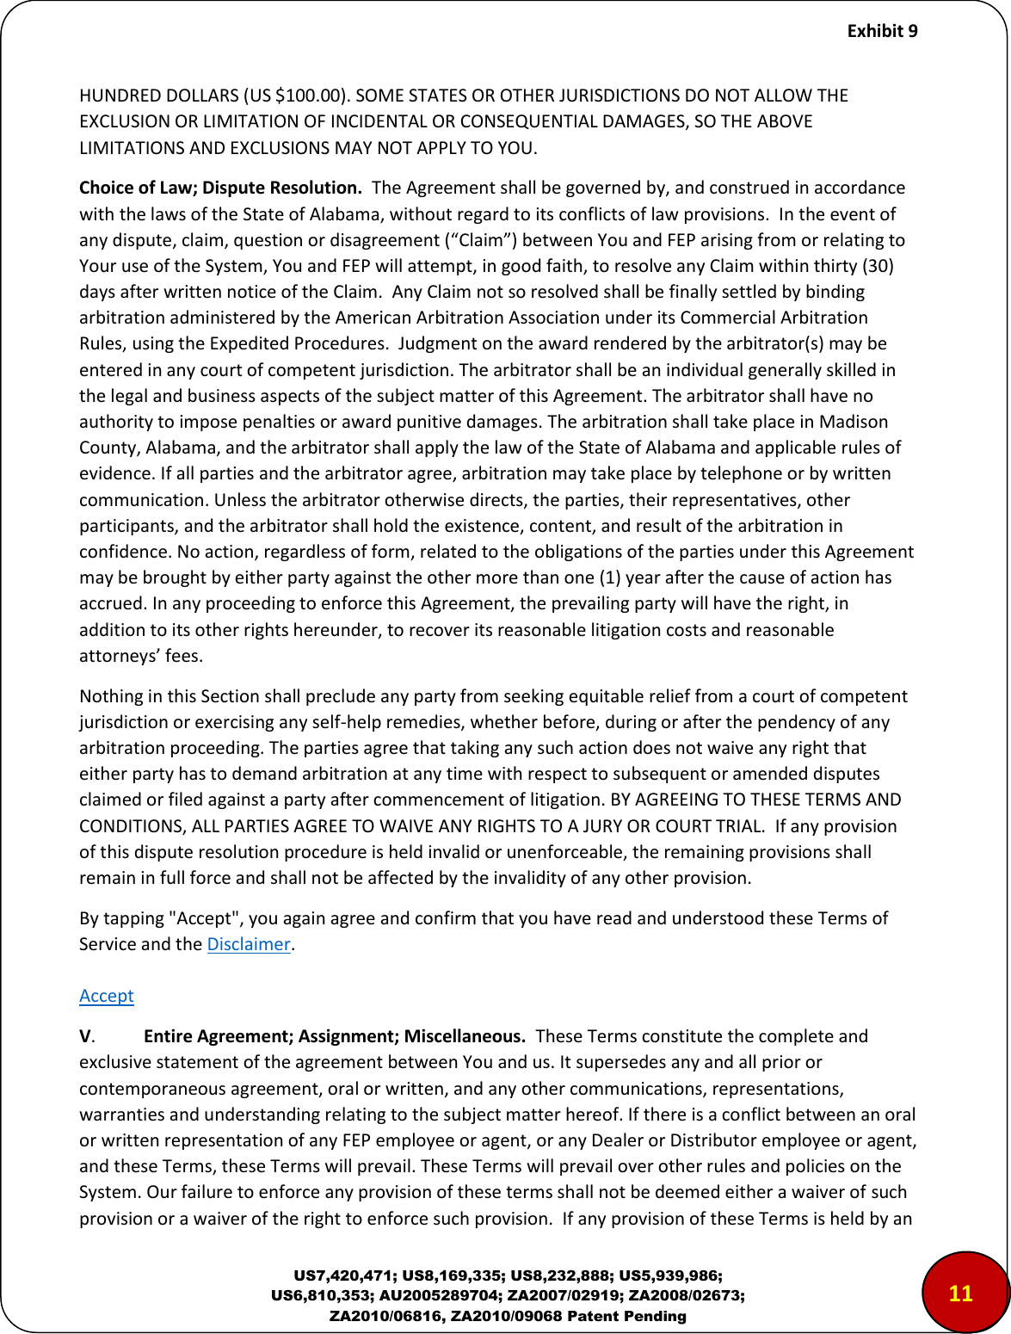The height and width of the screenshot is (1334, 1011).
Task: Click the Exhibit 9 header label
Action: [x=882, y=31]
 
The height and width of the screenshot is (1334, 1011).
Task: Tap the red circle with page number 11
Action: [x=960, y=1293]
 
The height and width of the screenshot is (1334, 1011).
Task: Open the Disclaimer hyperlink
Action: [x=249, y=944]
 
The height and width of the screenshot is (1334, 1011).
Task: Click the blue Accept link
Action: [x=107, y=996]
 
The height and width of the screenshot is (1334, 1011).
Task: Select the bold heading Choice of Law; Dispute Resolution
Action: [x=220, y=188]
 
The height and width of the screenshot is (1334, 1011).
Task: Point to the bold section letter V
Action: [x=85, y=1036]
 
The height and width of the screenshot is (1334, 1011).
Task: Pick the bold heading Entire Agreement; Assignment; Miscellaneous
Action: [x=335, y=1036]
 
